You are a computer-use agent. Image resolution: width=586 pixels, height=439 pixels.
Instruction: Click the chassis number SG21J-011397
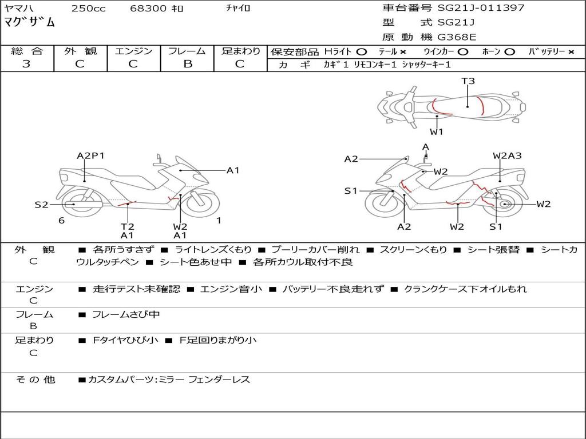tap(481, 8)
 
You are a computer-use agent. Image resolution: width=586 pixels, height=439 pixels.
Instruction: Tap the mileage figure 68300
tap(148, 8)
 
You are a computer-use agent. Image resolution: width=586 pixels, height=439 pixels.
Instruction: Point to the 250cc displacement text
tap(89, 8)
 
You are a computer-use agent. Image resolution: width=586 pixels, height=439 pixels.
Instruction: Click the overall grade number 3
tap(26, 64)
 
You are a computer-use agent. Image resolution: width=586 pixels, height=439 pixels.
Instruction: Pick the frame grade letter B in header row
tap(188, 64)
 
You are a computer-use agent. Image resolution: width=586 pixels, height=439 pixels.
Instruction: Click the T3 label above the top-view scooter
tap(468, 81)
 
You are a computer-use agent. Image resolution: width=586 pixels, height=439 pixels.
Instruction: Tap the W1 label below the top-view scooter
tap(436, 131)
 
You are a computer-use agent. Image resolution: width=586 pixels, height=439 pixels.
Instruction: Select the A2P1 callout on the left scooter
tap(90, 155)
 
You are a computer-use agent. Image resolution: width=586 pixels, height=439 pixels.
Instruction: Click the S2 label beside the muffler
tap(41, 205)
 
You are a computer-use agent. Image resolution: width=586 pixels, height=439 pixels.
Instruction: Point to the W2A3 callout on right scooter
tap(507, 155)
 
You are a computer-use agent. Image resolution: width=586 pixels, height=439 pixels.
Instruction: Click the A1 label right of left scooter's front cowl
tap(233, 170)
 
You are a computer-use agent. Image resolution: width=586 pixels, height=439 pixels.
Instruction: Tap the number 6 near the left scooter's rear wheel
tap(62, 221)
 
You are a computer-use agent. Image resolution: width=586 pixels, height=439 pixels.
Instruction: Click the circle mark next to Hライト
tap(362, 52)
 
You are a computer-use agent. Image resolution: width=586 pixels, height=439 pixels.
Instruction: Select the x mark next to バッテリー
tap(571, 52)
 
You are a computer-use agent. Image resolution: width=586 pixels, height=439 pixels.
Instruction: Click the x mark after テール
tap(402, 52)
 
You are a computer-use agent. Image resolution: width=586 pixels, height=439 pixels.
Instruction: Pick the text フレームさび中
tap(126, 315)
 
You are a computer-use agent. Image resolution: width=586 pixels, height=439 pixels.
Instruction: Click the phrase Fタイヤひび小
tap(125, 340)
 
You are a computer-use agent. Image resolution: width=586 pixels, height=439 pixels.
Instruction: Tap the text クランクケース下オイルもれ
tap(466, 289)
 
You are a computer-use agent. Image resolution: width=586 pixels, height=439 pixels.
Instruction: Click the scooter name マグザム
tap(29, 22)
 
